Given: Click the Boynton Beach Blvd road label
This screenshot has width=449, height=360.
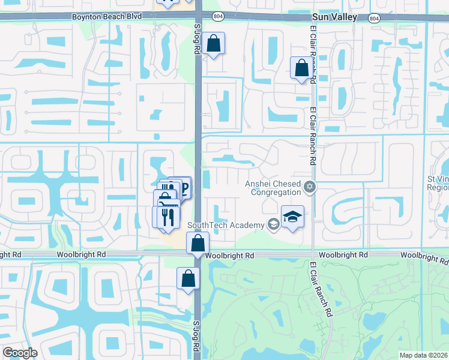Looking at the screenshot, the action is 107,17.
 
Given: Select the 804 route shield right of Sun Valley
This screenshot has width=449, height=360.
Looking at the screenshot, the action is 375,19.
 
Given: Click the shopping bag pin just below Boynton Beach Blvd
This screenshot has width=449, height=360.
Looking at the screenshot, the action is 213,44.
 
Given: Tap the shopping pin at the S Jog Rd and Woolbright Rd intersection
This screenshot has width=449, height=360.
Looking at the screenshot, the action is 197,244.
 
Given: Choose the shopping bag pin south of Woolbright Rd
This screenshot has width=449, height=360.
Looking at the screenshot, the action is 188,279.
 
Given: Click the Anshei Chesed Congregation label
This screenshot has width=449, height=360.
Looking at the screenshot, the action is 273,188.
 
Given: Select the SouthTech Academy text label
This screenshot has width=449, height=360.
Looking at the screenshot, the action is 226,225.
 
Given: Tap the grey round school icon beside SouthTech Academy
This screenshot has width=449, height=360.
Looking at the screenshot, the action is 273,225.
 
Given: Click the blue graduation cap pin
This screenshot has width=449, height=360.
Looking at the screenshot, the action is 292,217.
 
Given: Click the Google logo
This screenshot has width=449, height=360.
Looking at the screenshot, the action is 20,352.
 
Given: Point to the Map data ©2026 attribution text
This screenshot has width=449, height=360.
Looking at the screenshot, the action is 423,355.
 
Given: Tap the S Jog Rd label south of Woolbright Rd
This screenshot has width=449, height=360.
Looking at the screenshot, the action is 196,339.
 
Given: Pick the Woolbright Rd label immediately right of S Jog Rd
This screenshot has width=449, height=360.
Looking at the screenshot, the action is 229,256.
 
